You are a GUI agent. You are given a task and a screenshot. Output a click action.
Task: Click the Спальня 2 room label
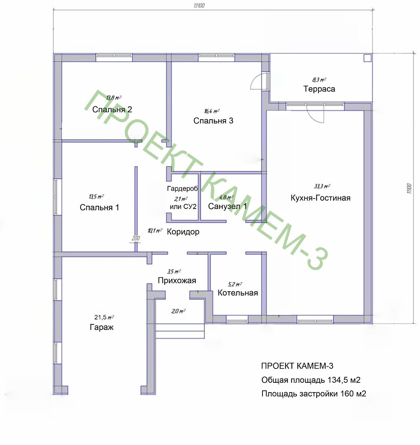[x=112, y=110]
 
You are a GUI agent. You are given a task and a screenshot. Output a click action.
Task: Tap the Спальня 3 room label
[x=213, y=121]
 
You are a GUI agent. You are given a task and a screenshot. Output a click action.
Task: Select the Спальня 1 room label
[x=99, y=208]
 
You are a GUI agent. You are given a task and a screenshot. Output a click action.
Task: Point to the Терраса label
[x=319, y=89]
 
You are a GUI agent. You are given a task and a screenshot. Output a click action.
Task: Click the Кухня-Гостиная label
[x=321, y=198]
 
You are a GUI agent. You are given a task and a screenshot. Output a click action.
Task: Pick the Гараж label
[x=102, y=327]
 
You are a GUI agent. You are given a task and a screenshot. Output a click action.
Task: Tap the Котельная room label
[x=238, y=293]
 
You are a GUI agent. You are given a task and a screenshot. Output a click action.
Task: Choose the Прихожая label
[x=177, y=281]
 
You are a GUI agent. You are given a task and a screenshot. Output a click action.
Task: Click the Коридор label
[x=183, y=232]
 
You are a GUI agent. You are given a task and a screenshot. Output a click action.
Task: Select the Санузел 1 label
[x=227, y=207]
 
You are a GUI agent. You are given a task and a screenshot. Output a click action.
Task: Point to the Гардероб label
[x=183, y=189]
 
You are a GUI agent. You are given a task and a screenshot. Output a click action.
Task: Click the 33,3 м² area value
[x=322, y=186]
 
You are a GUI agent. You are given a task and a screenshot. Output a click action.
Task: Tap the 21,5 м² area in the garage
[x=104, y=317]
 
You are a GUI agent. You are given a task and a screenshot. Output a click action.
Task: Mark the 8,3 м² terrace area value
[x=319, y=80]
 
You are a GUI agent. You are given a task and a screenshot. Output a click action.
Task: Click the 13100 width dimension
[x=199, y=5]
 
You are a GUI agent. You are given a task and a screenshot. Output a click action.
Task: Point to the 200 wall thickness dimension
[x=136, y=238]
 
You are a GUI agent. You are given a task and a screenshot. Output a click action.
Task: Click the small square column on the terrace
[x=367, y=58]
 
